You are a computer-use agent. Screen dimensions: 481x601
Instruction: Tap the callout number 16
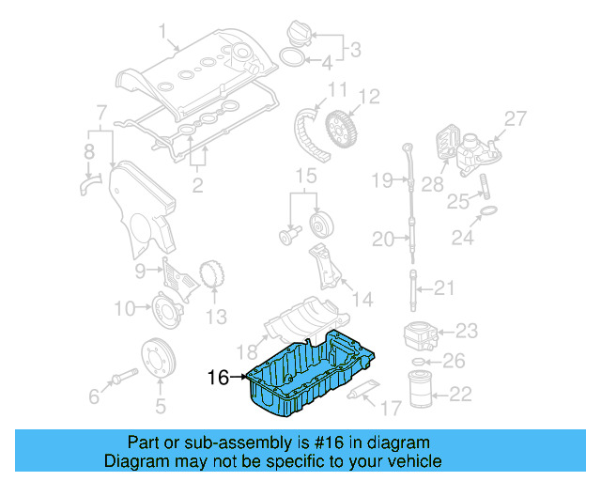pos(218,378)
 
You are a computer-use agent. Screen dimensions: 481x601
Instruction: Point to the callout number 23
pos(467,330)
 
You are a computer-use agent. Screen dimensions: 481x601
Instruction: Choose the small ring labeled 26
pos(424,361)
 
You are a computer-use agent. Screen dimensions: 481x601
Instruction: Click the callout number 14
pos(362,300)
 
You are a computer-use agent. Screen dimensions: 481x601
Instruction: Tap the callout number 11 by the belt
pos(337,90)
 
